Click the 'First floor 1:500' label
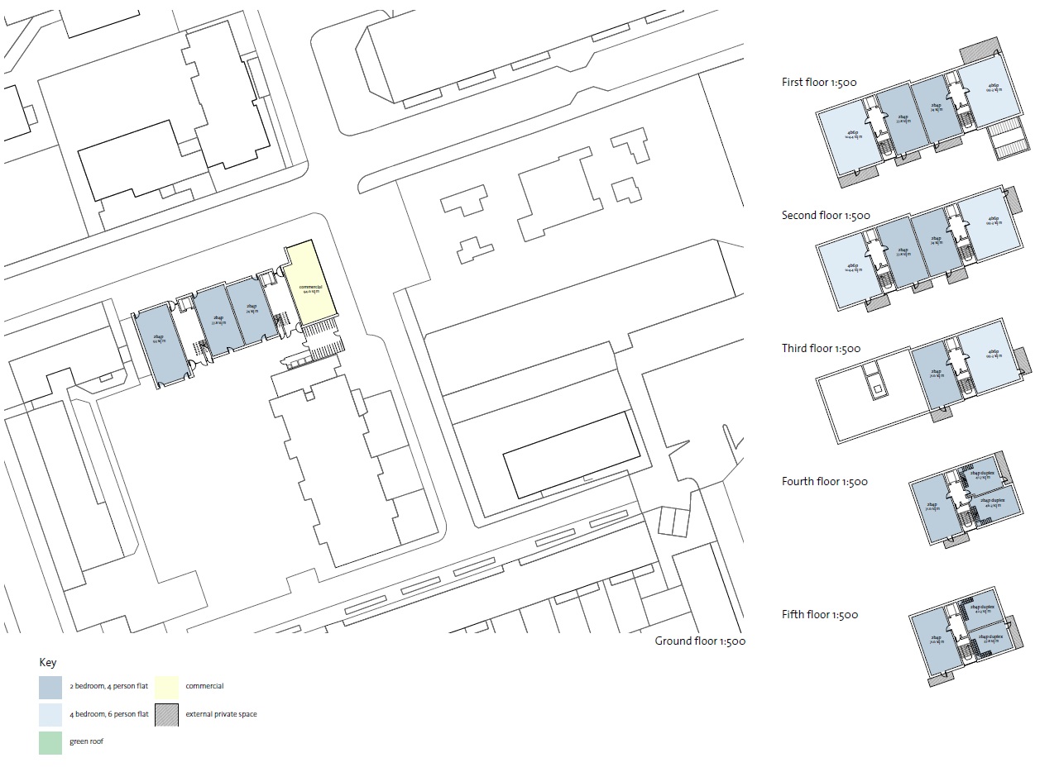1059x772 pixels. [x=819, y=82]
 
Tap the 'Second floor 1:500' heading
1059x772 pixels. [x=826, y=216]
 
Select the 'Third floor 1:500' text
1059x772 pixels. [x=821, y=349]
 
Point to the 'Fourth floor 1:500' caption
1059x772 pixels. [x=824, y=482]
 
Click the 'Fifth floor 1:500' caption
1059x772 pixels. [x=819, y=615]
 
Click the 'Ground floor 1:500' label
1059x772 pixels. [x=700, y=641]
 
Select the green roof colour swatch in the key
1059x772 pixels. [x=50, y=742]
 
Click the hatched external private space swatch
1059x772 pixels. [x=166, y=715]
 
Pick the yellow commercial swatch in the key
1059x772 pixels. [x=166, y=687]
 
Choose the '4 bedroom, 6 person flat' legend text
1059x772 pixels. [x=108, y=714]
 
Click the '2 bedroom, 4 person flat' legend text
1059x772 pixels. [x=108, y=687]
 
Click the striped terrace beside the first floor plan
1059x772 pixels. [x=1008, y=138]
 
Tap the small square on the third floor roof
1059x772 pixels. [x=877, y=388]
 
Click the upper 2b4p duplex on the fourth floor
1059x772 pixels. [x=985, y=474]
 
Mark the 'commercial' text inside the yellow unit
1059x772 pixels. [x=310, y=287]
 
